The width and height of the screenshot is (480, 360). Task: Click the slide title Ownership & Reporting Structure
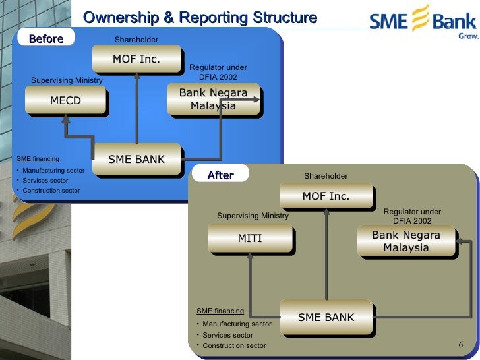200,18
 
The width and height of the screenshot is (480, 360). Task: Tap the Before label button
45,39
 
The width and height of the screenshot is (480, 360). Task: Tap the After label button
220,175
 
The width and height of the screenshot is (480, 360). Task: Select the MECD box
65,101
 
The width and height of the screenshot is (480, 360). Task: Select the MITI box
250,238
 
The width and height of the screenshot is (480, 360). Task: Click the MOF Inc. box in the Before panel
136,59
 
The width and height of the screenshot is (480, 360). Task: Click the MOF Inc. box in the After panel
326,196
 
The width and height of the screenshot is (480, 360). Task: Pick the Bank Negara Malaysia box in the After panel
405,241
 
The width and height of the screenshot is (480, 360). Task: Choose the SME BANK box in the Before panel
136,159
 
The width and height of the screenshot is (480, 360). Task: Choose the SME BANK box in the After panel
326,317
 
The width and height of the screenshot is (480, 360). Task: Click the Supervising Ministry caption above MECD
67,80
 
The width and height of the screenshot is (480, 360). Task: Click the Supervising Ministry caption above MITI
253,216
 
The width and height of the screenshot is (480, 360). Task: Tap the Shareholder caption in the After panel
326,176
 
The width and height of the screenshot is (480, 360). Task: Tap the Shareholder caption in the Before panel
136,40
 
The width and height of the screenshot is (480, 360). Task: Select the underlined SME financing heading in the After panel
220,310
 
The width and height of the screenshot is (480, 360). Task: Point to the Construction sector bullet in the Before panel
51,191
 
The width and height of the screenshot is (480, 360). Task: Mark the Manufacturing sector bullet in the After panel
237,324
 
